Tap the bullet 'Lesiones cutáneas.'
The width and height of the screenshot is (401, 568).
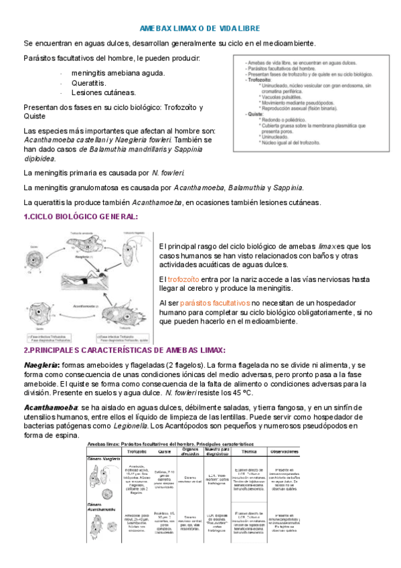tap(103, 92)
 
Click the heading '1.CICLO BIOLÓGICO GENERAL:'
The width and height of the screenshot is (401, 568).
tap(81, 216)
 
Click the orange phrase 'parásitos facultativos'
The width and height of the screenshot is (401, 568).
tap(216, 303)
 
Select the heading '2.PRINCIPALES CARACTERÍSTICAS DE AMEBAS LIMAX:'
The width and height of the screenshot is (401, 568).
tap(125, 350)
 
